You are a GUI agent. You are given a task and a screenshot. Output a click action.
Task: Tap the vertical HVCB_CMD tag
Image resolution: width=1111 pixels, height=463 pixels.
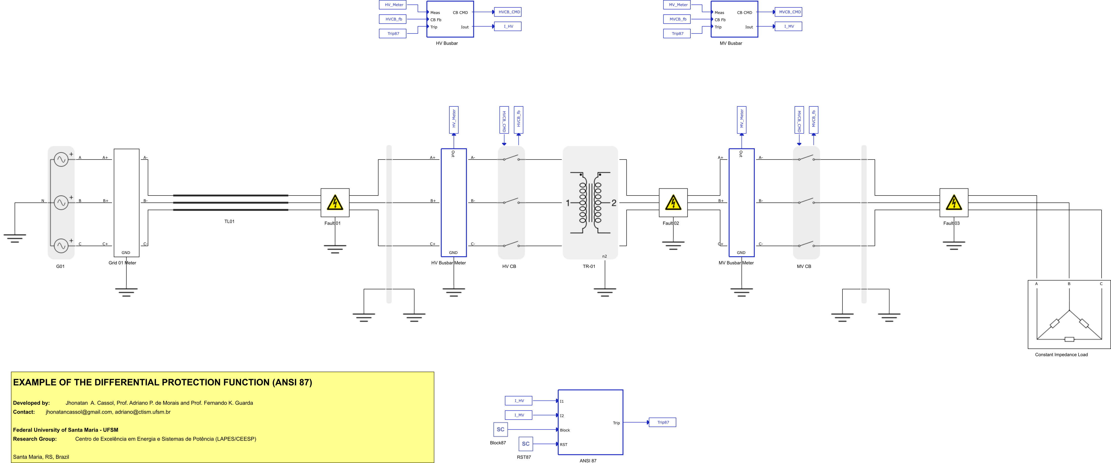(x=504, y=120)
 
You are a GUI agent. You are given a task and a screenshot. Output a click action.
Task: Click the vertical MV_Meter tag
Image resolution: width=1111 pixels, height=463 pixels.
(x=741, y=120)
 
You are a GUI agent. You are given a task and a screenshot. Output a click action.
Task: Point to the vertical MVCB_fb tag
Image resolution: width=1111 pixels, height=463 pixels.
(x=813, y=120)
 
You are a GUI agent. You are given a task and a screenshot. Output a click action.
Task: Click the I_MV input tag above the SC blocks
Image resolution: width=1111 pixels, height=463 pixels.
(x=518, y=415)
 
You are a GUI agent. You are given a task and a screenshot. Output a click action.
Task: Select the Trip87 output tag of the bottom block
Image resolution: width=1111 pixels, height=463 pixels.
(x=662, y=423)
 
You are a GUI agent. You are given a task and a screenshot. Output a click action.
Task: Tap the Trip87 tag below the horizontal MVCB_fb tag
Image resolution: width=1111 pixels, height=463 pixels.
(x=677, y=34)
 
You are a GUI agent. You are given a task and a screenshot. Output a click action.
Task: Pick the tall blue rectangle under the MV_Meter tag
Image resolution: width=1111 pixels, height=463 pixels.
(x=741, y=203)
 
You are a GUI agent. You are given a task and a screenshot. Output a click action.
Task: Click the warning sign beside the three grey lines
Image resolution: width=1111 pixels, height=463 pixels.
(x=335, y=203)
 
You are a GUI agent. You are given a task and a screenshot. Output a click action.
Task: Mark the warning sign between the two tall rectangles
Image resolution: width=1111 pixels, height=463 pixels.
(x=673, y=203)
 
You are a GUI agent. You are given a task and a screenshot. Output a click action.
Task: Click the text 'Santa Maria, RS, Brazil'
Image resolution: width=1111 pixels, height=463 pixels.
(x=41, y=457)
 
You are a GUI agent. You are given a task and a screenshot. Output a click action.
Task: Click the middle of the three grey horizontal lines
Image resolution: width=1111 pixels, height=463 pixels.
(x=231, y=202)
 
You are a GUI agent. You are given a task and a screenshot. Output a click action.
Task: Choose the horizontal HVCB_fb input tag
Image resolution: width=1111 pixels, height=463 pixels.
(x=393, y=19)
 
